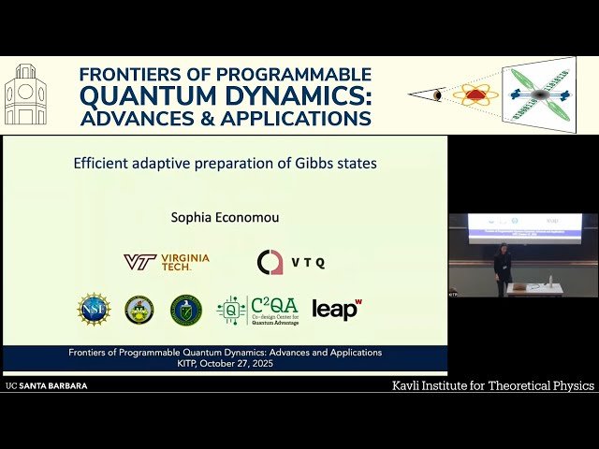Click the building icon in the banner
point(25,94)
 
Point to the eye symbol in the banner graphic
point(438,94)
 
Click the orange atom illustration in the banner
point(475,94)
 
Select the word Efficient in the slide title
point(103,163)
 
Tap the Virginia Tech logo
point(167,262)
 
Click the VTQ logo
point(291,262)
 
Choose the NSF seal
point(94,309)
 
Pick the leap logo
point(337,310)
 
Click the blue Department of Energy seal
point(186,310)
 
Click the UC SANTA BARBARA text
point(47,385)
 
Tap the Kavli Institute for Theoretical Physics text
point(492,385)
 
